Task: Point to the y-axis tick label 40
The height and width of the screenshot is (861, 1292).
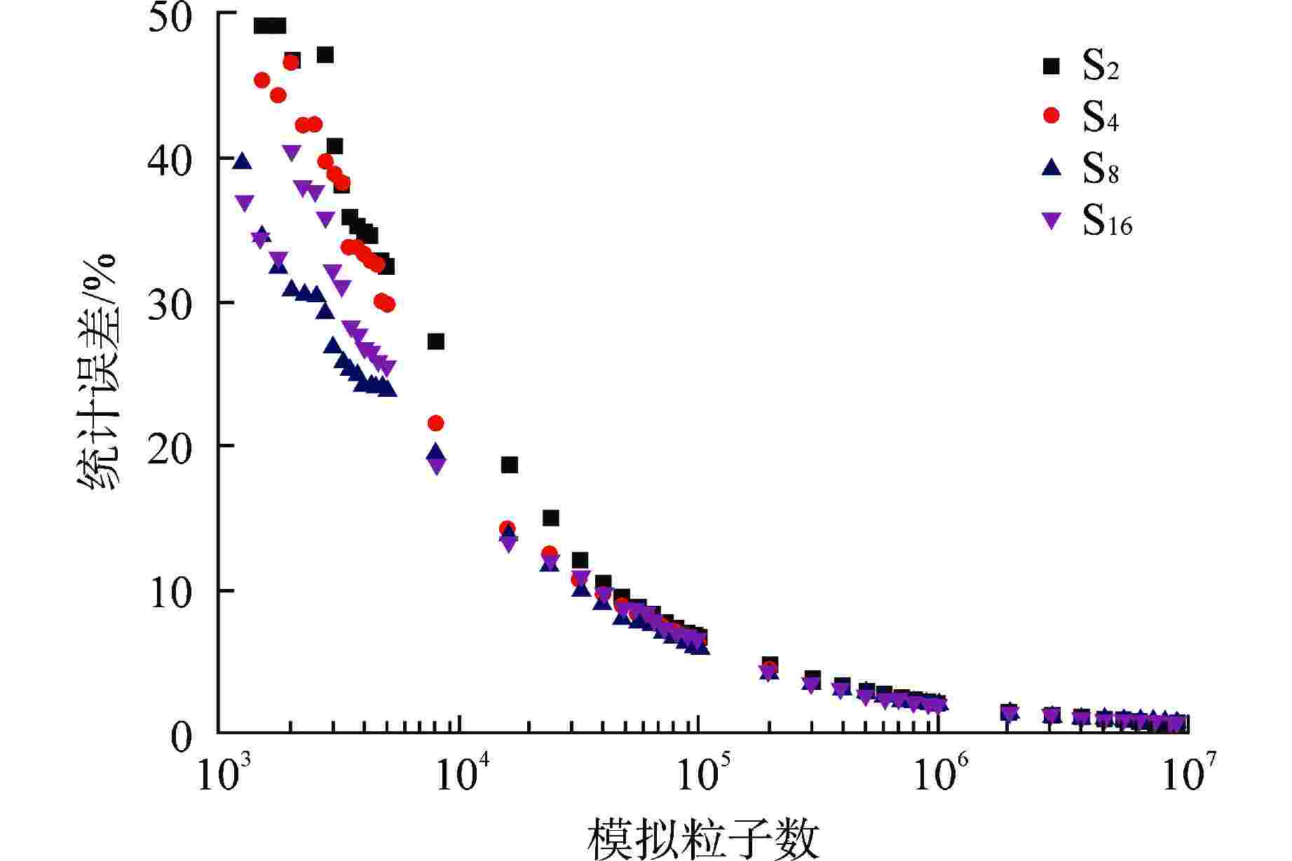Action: (x=170, y=162)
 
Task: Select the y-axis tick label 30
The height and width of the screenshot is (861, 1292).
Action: (x=170, y=306)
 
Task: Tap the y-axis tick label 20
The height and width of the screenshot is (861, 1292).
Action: (x=170, y=449)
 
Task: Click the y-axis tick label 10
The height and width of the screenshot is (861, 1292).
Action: (x=170, y=593)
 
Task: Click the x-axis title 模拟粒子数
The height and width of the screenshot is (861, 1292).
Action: (x=703, y=839)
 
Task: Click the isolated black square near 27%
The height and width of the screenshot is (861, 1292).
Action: (x=436, y=341)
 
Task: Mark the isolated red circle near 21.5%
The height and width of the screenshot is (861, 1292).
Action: (x=435, y=423)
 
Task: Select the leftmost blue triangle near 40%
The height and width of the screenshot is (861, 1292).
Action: (x=242, y=161)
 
